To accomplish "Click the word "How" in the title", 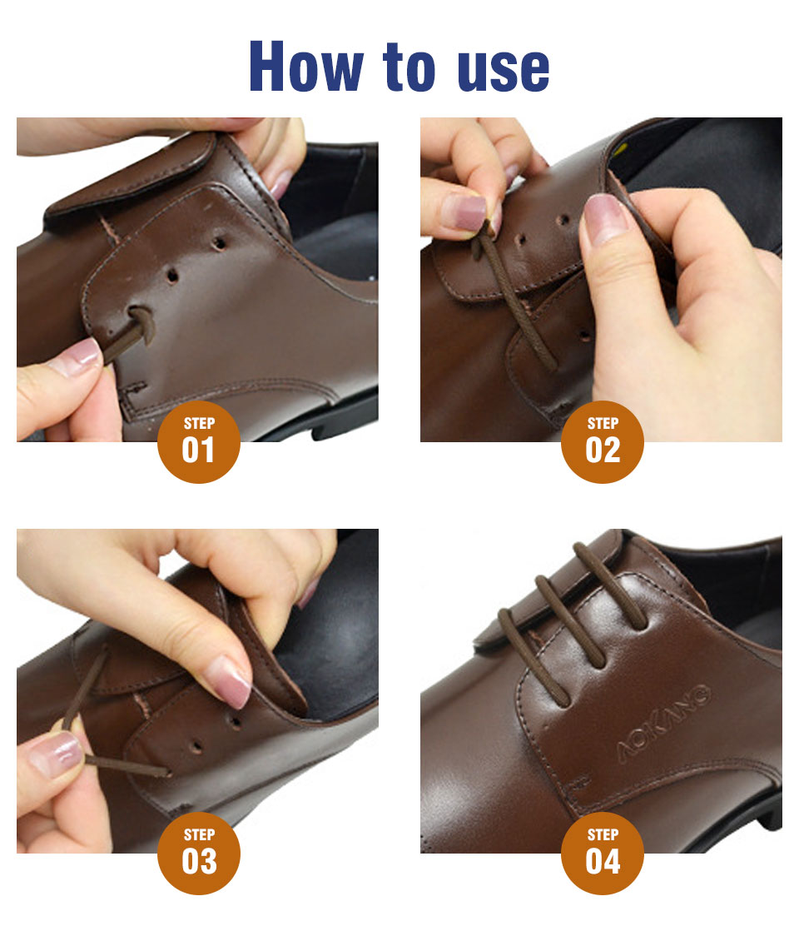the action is pos(306,67).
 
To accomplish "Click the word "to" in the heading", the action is pos(409,67).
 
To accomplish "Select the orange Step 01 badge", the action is pos(199,441).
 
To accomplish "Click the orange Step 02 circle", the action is pos(603,441).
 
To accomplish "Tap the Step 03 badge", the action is pos(199,853).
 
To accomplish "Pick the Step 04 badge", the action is pos(603,853).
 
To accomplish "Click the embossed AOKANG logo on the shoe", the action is pos(663,722).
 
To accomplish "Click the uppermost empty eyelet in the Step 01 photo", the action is pos(219,243).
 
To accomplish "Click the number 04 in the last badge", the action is pos(603,862).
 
